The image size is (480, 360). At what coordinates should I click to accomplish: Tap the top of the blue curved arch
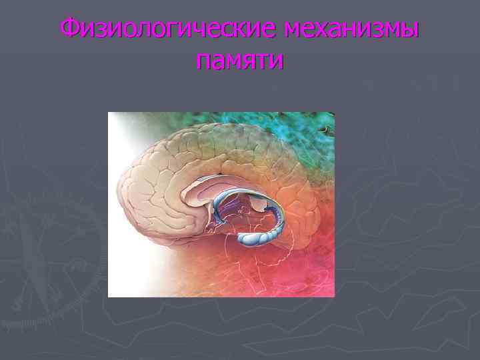pyautogui.click(x=247, y=190)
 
